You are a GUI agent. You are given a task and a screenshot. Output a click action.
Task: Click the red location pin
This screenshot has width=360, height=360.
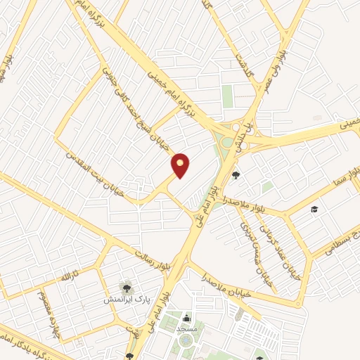[181, 166]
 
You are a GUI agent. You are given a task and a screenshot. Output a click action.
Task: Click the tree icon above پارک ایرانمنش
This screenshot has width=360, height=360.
[126, 286]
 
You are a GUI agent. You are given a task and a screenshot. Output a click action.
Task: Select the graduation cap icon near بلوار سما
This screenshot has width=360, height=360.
[315, 210]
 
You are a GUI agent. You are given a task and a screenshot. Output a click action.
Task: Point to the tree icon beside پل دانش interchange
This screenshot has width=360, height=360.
[236, 175]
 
